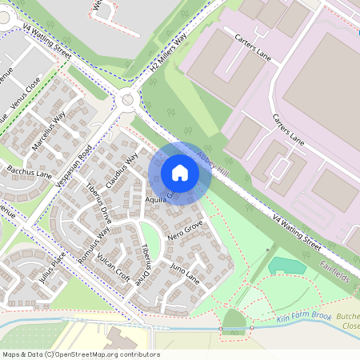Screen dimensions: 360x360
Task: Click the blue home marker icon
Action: [180, 173]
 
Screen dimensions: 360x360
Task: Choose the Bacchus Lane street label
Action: [30, 172]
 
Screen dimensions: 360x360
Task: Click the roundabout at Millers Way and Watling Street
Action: [127, 101]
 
